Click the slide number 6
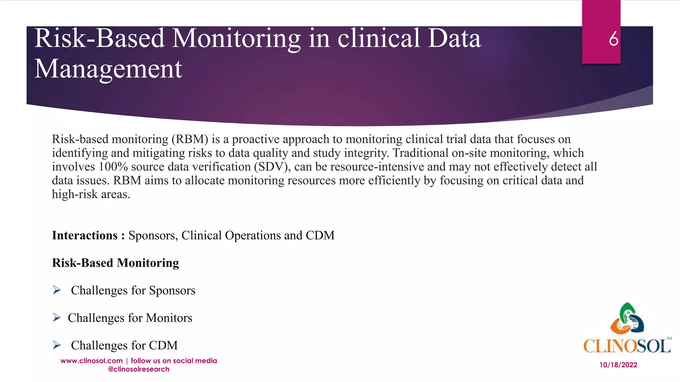click(x=613, y=39)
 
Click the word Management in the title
click(x=108, y=69)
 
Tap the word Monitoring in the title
click(x=236, y=38)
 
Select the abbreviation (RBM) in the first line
click(x=190, y=139)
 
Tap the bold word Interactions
click(x=85, y=235)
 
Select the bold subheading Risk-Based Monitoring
click(x=116, y=263)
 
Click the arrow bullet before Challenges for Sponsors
click(x=57, y=290)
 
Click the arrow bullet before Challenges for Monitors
click(x=57, y=318)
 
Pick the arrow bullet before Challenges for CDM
click(x=57, y=346)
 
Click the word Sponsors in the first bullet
click(x=172, y=290)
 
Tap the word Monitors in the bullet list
click(x=169, y=318)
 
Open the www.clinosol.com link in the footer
click(x=92, y=361)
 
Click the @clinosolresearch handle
click(x=138, y=369)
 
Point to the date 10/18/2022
click(x=618, y=365)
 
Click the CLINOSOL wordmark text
click(x=627, y=346)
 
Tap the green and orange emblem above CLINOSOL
click(x=627, y=318)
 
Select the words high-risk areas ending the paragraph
click(x=91, y=194)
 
